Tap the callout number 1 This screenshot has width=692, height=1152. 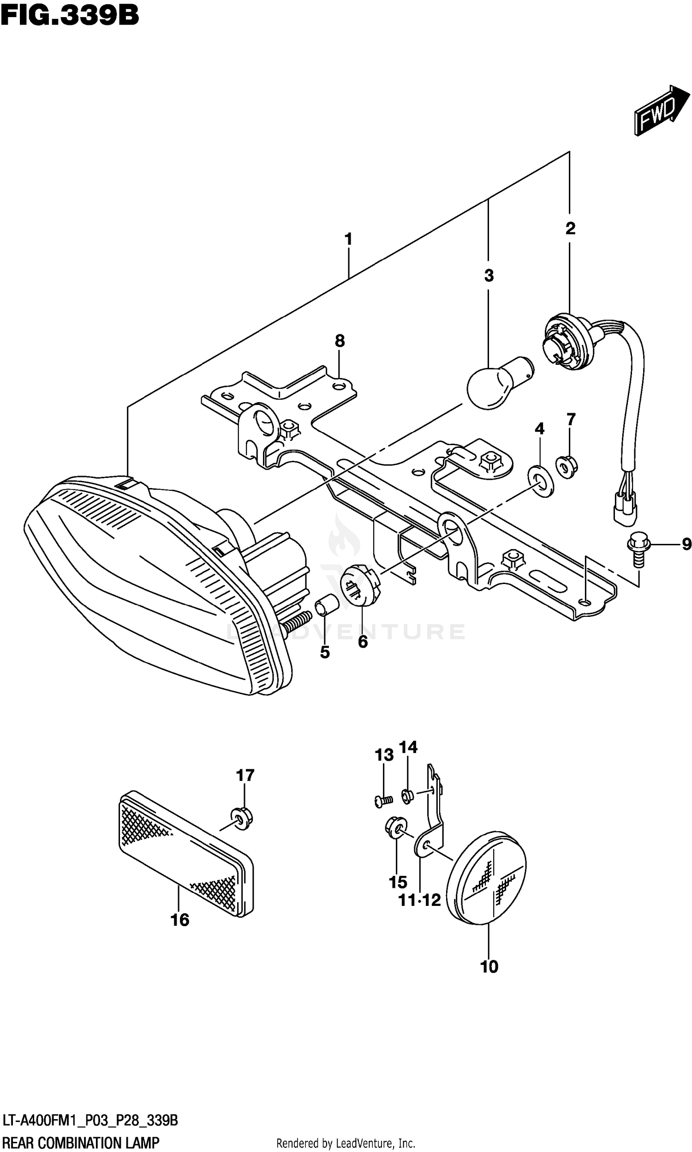pyautogui.click(x=348, y=239)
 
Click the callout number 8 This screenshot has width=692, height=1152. pyautogui.click(x=340, y=341)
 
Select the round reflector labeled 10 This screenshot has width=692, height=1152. pyautogui.click(x=486, y=877)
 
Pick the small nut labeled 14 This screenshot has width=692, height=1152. pyautogui.click(x=406, y=796)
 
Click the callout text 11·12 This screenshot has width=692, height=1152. pyautogui.click(x=419, y=900)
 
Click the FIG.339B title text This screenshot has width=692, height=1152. pyautogui.click(x=70, y=16)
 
